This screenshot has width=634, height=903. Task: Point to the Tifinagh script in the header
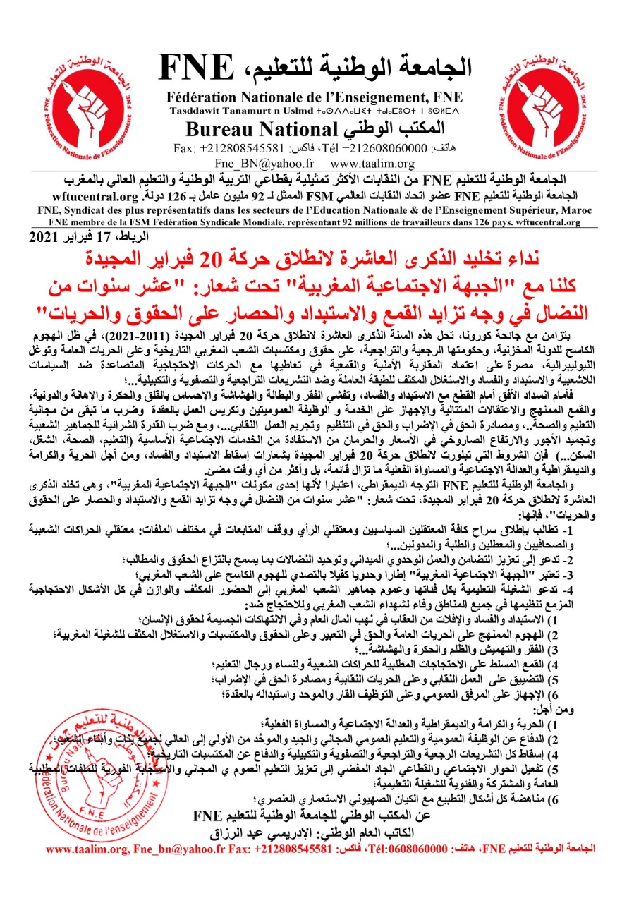click(366, 111)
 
